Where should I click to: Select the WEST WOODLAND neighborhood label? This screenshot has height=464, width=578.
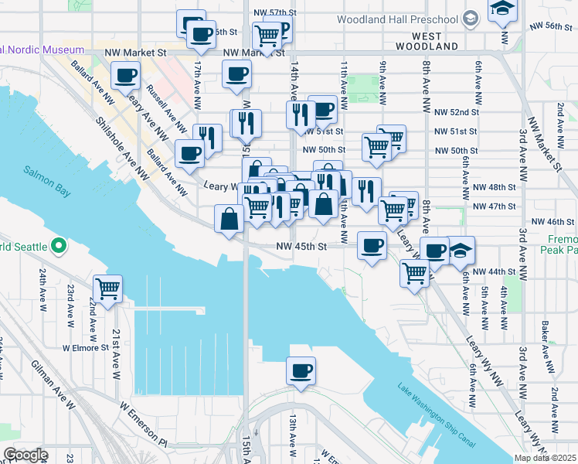(427, 41)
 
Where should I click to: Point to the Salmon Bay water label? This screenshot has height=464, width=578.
(46, 171)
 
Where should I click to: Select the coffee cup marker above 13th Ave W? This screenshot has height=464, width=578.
(301, 370)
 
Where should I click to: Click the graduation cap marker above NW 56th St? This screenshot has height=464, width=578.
(503, 9)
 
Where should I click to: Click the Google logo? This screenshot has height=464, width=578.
(25, 455)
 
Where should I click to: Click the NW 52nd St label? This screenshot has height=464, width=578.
(456, 111)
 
